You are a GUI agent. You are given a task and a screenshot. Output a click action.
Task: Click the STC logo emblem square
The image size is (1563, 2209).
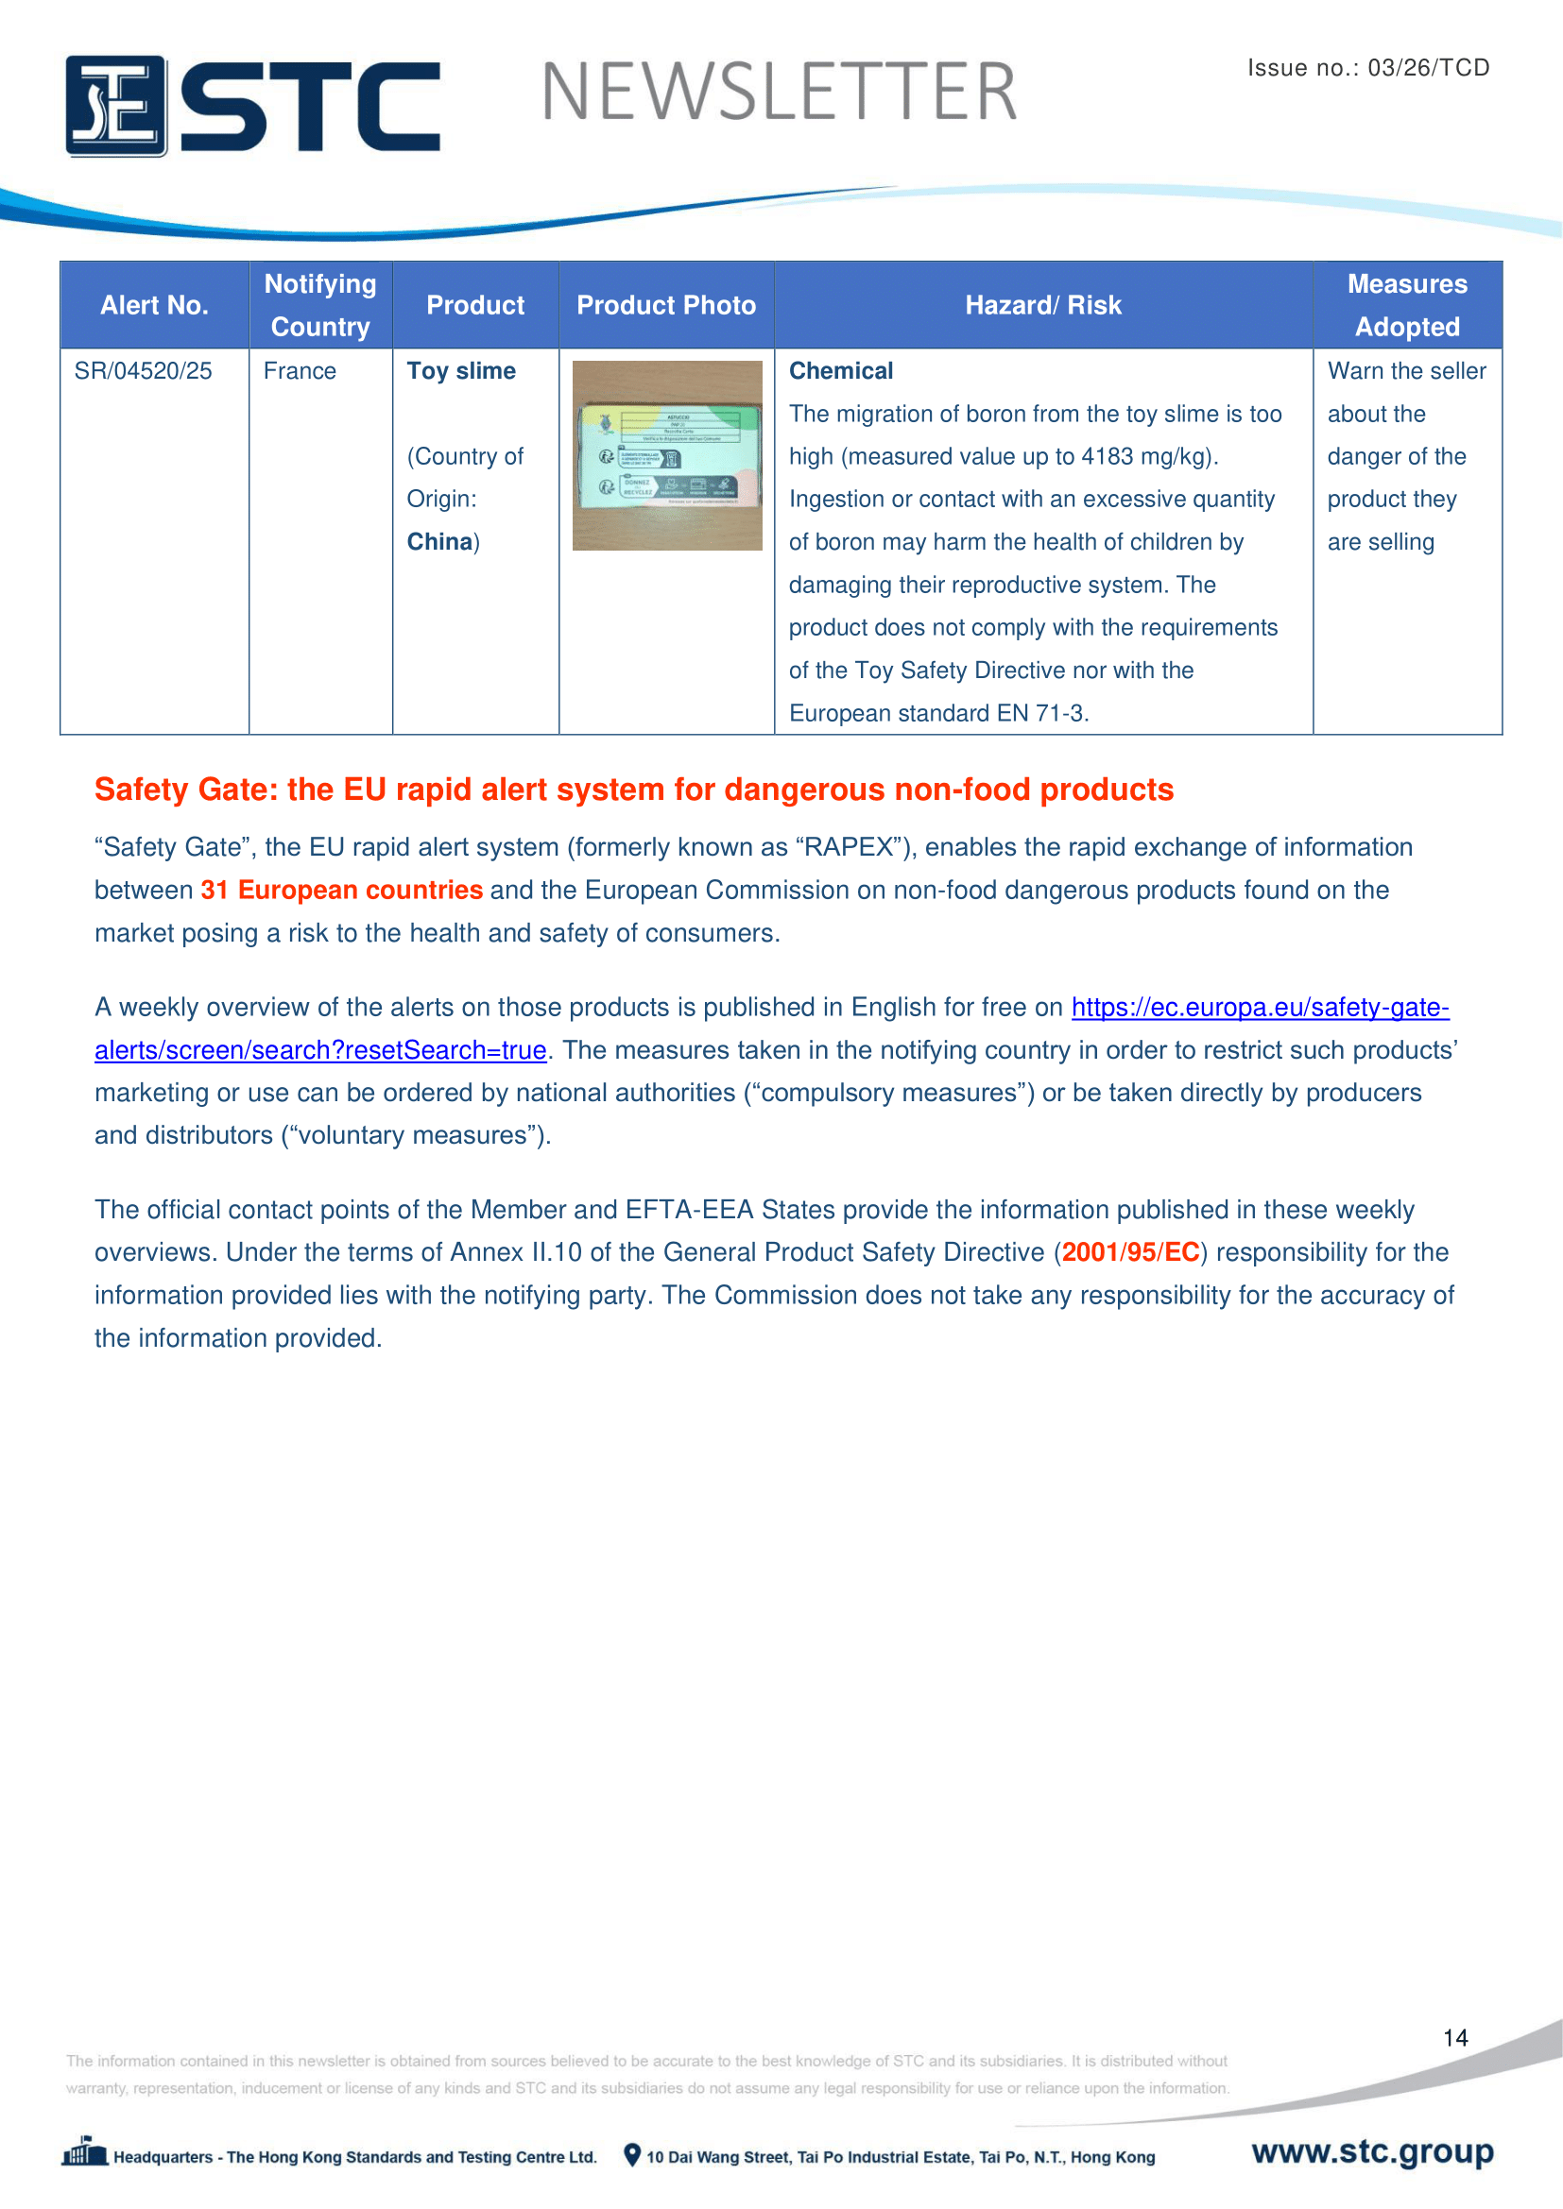pos(115,106)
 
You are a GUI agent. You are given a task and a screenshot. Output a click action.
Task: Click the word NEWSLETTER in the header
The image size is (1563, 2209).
pos(779,93)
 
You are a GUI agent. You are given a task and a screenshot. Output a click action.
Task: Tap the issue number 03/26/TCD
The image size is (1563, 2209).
pos(1428,67)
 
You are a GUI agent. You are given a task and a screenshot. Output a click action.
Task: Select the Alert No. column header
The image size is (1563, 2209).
pos(154,305)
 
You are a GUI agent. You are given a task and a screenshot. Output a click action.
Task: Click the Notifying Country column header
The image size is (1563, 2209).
pos(320,305)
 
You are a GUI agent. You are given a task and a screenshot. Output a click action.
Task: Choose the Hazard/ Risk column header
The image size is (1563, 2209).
pos(1043,305)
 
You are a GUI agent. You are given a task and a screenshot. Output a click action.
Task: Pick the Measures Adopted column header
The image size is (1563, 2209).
pos(1407,305)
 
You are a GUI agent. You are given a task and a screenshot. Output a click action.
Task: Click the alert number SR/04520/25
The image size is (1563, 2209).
pos(144,371)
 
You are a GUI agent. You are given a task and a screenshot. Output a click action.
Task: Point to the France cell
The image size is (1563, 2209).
pos(301,371)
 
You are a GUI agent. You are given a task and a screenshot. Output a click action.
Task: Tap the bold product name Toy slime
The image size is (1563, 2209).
pos(461,371)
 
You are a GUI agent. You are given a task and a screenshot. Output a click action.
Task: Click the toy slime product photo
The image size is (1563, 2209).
pos(667,455)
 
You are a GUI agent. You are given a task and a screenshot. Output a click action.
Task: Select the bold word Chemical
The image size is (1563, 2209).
pos(841,371)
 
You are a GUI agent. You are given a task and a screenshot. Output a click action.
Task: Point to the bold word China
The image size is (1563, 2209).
pos(439,542)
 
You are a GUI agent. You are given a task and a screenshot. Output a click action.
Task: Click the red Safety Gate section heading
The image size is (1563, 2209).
pos(633,789)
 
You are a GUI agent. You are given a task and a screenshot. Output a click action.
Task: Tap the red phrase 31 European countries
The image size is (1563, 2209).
pos(342,890)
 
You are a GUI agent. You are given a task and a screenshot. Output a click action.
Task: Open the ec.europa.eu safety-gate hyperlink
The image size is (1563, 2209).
pos(1259,1008)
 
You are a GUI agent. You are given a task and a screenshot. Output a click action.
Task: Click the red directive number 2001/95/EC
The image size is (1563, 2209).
pos(1131,1251)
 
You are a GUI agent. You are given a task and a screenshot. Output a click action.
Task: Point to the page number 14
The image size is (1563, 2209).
pos(1455,2038)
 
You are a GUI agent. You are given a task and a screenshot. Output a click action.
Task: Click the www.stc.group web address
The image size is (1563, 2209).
pos(1372,2151)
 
